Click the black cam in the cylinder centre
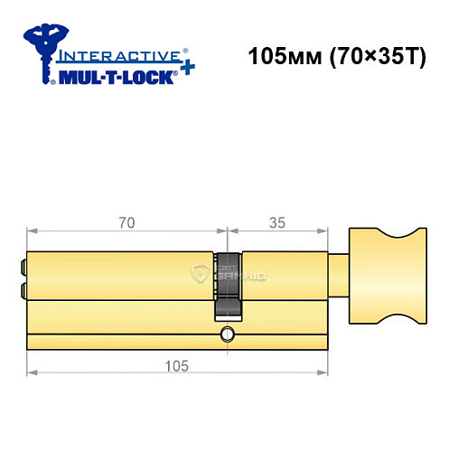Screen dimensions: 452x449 [227, 284]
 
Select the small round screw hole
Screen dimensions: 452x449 [226, 338]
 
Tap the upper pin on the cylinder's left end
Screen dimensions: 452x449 [21, 267]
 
